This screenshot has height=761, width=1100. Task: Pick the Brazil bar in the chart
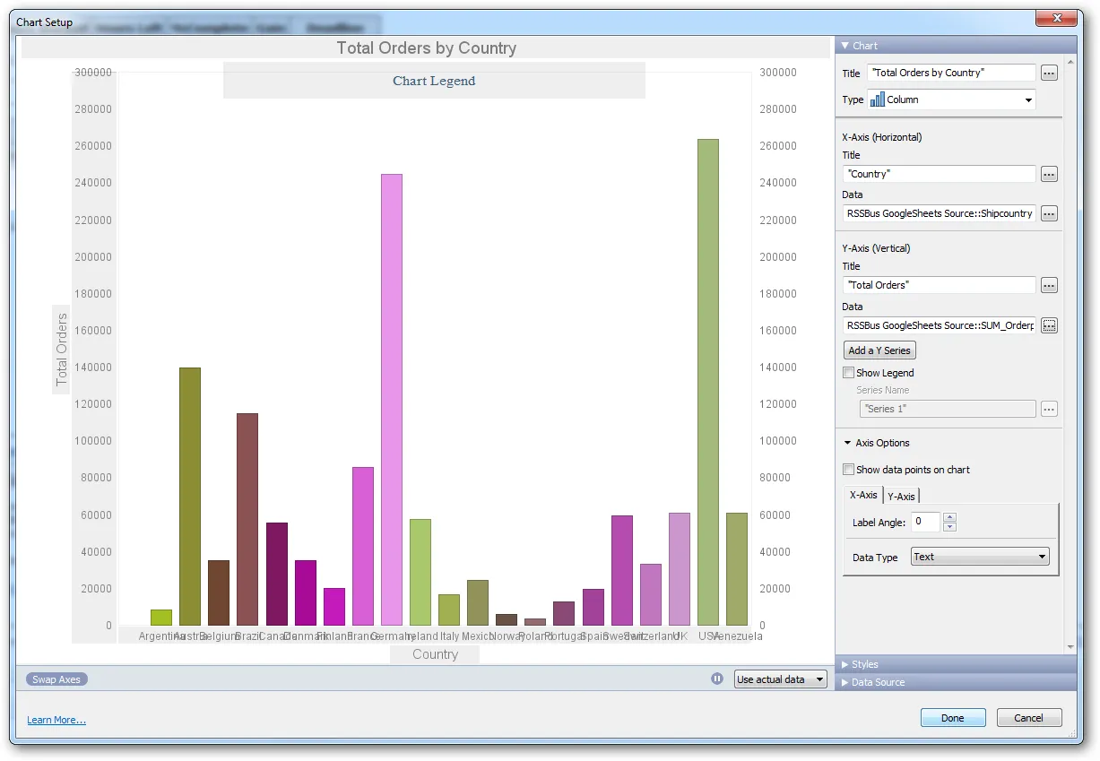247,519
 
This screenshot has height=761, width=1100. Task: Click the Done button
952,718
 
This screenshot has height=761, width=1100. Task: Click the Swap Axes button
56,679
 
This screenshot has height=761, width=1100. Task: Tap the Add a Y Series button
879,350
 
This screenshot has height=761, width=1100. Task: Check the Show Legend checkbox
849,373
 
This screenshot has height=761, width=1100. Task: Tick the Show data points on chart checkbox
849,470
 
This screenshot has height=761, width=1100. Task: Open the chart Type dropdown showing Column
951,99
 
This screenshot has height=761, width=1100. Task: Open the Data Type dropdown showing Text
980,557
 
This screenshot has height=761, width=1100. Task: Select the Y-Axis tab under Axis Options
901,497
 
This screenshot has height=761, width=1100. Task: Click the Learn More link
56,720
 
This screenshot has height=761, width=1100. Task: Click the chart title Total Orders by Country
426,48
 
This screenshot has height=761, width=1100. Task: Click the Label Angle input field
924,522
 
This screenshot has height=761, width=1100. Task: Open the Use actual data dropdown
780,679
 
